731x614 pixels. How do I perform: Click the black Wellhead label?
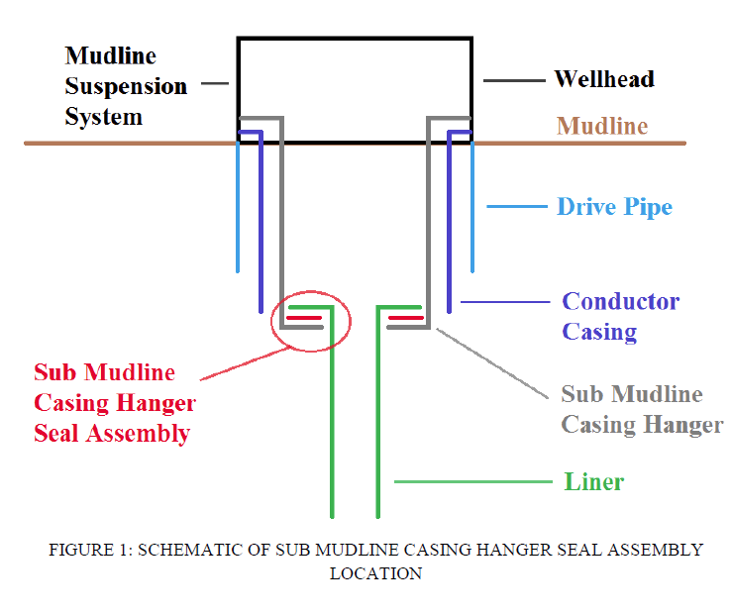pos(603,79)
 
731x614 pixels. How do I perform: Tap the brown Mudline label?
pos(601,127)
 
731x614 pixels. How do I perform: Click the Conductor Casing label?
pos(620,316)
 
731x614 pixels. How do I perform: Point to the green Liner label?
pos(594,482)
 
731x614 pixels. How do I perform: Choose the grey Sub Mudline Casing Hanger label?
pos(641,409)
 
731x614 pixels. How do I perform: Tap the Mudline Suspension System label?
pos(125,86)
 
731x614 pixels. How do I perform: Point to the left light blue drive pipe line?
pos(238,208)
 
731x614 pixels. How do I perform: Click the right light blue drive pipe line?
pos(472,208)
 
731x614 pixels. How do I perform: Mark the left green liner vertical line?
pos(332,426)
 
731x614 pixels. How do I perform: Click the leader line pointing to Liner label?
pos(472,482)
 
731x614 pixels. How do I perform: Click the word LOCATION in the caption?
pos(375,573)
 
